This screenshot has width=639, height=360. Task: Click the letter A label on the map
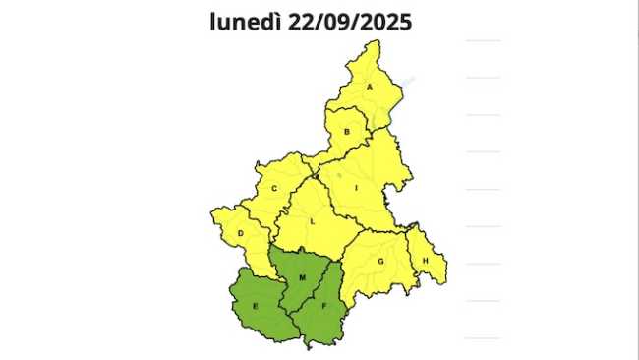click(370, 87)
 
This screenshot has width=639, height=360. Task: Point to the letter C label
click(274, 189)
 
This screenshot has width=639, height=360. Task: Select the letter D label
click(241, 233)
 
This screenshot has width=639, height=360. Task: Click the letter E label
click(256, 308)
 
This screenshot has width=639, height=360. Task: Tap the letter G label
click(379, 262)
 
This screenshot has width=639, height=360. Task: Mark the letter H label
click(426, 260)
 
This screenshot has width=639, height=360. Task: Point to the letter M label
click(303, 278)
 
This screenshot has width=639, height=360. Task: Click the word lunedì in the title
click(246, 22)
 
